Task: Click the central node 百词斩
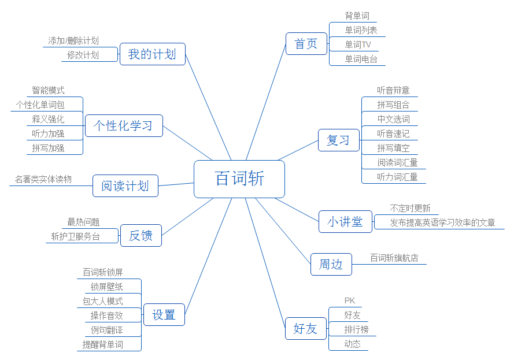(x=239, y=179)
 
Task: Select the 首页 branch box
(x=306, y=44)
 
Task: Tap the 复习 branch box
(x=338, y=140)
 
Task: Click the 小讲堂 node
(x=345, y=222)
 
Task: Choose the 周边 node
(x=331, y=265)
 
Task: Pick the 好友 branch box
(x=305, y=329)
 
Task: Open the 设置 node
(x=164, y=315)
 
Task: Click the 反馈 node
(x=140, y=236)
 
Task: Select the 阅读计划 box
(x=125, y=185)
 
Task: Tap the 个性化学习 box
(x=124, y=125)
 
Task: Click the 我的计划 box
(x=152, y=54)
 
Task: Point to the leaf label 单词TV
(x=358, y=44)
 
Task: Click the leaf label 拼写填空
(x=393, y=149)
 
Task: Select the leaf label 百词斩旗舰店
(x=394, y=258)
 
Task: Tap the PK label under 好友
(x=350, y=300)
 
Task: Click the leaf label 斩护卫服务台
(x=75, y=236)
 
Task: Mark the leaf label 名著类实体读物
(x=43, y=180)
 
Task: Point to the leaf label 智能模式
(x=48, y=91)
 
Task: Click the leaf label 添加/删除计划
(x=73, y=41)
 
